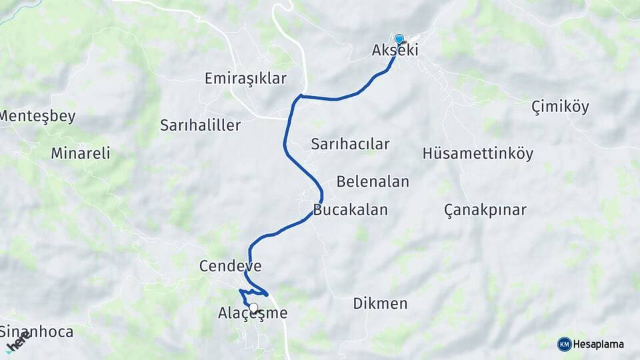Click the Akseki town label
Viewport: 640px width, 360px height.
(395, 50)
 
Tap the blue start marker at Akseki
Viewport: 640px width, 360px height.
(399, 39)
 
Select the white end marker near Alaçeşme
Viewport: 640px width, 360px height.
(253, 308)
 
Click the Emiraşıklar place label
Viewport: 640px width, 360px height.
(245, 79)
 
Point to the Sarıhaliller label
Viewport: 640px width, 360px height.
(200, 125)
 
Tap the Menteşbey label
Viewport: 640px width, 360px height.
(37, 116)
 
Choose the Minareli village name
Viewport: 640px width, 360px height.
(80, 153)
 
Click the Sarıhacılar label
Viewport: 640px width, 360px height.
(350, 144)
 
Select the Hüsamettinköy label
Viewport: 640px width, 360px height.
(478, 153)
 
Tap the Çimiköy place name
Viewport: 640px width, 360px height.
(560, 107)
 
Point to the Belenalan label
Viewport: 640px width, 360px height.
(373, 181)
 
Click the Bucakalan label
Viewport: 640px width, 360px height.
(350, 210)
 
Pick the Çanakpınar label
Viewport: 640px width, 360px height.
(485, 210)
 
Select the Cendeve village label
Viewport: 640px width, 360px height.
(230, 267)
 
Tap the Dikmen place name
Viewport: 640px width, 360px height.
(380, 304)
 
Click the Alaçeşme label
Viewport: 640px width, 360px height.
(253, 313)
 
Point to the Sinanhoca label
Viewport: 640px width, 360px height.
(37, 331)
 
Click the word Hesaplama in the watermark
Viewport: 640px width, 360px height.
(599, 344)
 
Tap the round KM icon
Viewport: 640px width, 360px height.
(564, 344)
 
